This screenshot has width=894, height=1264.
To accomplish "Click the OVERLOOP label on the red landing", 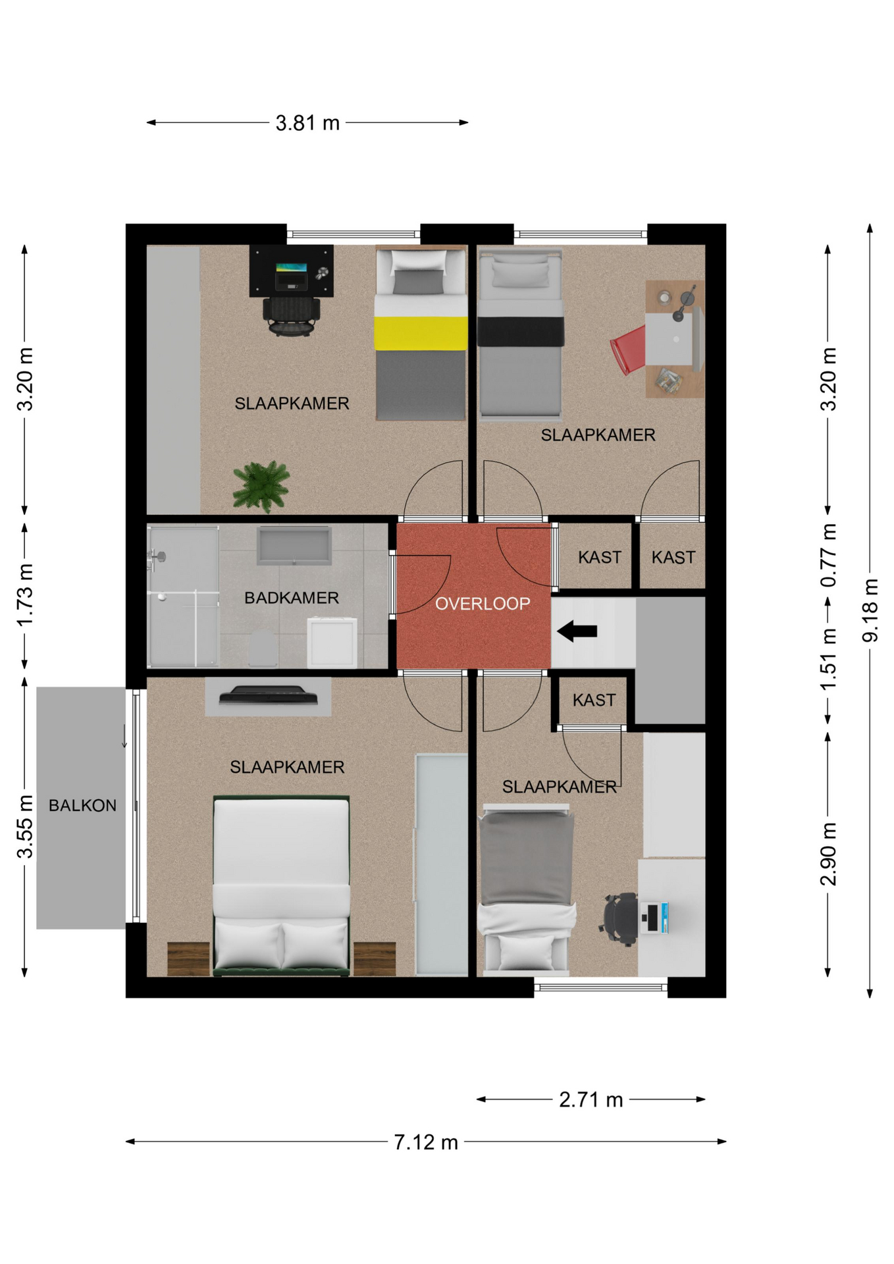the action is [x=483, y=604].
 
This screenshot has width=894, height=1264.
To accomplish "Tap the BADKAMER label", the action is [x=292, y=598].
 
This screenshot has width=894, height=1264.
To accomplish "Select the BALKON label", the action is [x=82, y=805].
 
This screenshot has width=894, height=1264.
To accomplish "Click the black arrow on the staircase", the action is [x=577, y=631].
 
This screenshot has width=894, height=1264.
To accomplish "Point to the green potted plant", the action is [x=261, y=487].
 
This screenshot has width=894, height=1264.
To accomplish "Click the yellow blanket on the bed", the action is [x=421, y=333].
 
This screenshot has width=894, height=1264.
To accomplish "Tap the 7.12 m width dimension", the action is [x=426, y=1142].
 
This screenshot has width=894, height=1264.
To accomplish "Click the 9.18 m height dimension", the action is [x=870, y=610].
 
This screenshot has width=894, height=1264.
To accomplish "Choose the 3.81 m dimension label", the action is [x=307, y=123].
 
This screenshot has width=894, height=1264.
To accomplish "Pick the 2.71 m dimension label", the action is [x=591, y=1099].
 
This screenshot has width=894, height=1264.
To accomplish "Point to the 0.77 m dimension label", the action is [x=828, y=556].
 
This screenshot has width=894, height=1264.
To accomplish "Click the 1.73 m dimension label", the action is [x=24, y=595].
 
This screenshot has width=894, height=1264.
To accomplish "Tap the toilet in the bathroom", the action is [x=262, y=648].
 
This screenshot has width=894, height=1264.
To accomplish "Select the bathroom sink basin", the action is [x=294, y=546].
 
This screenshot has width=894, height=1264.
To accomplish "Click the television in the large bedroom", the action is [x=268, y=695].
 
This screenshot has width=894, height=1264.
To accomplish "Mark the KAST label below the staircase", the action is [x=594, y=700].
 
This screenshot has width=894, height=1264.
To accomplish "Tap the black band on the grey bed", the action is [x=521, y=331].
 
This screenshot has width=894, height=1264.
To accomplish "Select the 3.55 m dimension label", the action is [x=24, y=826].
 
